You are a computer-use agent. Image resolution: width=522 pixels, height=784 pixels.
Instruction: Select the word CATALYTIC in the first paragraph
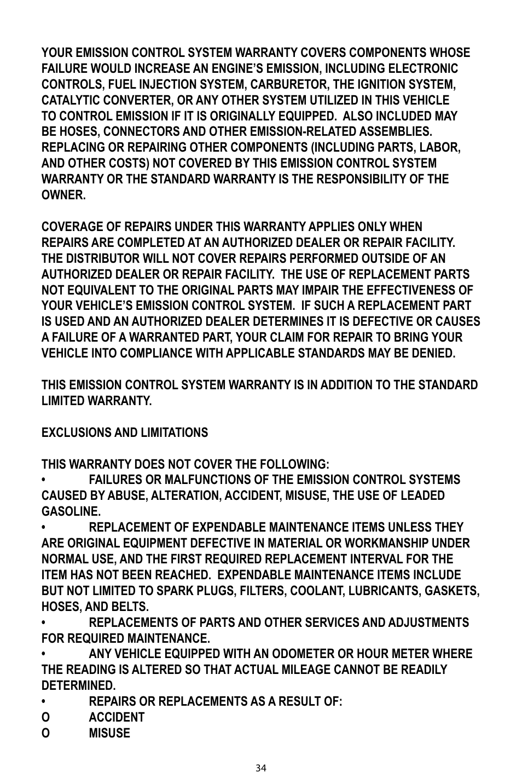[68, 101]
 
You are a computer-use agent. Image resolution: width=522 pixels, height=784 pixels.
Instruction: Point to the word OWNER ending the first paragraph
[62, 195]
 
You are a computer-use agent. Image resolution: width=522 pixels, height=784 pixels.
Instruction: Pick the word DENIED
[433, 354]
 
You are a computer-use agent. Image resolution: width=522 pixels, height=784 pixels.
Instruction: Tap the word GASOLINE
[70, 512]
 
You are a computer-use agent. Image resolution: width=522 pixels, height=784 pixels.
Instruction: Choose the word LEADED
[424, 496]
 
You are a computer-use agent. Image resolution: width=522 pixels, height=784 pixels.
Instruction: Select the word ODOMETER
[303, 654]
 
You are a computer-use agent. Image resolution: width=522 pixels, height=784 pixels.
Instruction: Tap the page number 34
[261, 768]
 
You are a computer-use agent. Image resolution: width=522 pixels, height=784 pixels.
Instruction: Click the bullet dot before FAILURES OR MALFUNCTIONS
[44, 480]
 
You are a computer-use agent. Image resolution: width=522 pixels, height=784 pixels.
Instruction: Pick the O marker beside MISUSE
[45, 734]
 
